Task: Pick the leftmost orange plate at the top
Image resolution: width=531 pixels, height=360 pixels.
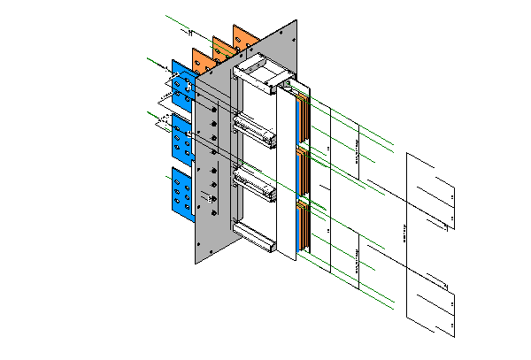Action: point(201,60)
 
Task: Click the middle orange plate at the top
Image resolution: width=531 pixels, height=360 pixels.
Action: point(222,47)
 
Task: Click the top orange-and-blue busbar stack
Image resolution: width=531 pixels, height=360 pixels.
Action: point(303,115)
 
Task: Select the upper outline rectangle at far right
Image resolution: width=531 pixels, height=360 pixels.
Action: point(431,190)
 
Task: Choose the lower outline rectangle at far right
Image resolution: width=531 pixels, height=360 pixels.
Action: point(431,301)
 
